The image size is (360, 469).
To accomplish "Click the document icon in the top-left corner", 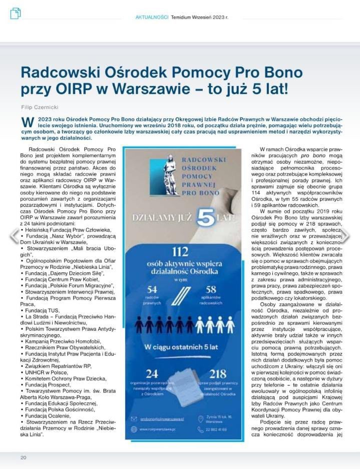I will click(x=16, y=14).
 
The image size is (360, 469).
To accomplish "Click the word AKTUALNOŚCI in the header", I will click(x=152, y=17).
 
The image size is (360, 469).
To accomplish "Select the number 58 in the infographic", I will click(x=211, y=289).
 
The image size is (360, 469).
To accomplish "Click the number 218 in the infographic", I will click(x=219, y=374).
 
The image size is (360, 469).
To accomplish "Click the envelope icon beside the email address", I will click(x=133, y=418).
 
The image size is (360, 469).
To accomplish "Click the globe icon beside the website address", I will click(x=133, y=429).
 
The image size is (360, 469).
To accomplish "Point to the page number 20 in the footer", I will click(x=23, y=457).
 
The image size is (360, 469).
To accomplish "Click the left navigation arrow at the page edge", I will click(x=14, y=236).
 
